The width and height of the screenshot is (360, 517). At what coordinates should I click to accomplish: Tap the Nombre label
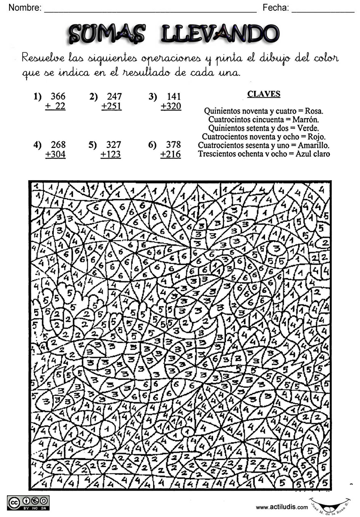[x=25, y=7]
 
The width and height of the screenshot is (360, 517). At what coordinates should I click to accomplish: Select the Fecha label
[x=275, y=7]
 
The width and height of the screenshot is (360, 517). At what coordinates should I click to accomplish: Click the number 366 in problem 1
[x=58, y=96]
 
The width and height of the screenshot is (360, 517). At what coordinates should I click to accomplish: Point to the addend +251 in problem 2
[x=112, y=106]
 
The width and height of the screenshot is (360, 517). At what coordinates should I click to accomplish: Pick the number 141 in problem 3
[x=173, y=96]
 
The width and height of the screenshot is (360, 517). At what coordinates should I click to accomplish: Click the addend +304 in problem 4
[x=55, y=154]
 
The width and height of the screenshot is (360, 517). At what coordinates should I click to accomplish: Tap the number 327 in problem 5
[x=114, y=145]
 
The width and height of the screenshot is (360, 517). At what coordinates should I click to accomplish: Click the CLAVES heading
[x=264, y=94]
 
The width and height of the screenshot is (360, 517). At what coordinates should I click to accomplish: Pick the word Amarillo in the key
[x=314, y=145]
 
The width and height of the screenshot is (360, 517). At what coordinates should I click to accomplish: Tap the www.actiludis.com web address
[x=282, y=507]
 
